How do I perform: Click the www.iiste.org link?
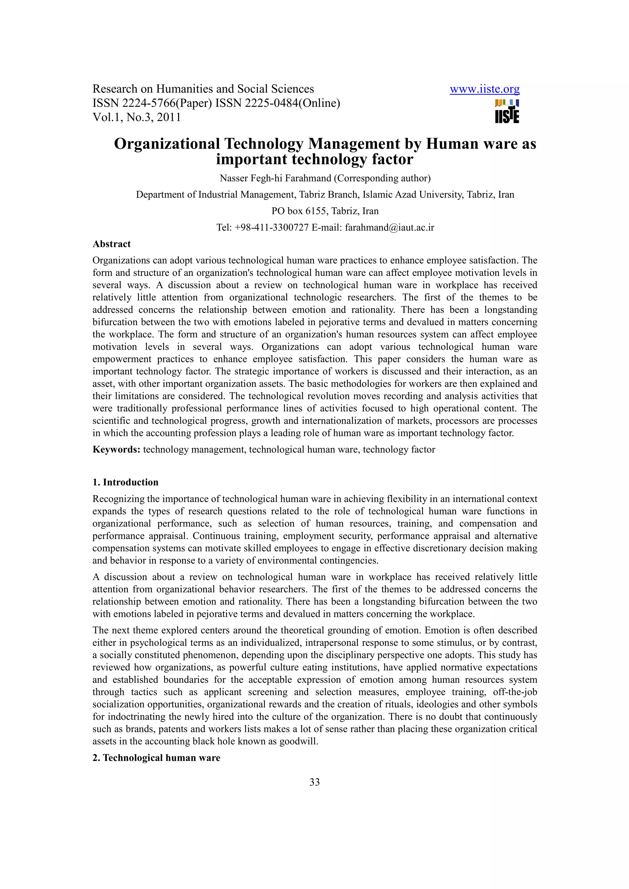(x=484, y=90)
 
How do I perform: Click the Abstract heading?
(x=111, y=244)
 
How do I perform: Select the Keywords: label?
(x=116, y=449)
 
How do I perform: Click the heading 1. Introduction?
(x=125, y=482)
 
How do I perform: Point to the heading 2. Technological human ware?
(x=156, y=758)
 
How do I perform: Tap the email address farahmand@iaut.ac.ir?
(x=389, y=227)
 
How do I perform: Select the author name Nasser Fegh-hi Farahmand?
(x=275, y=178)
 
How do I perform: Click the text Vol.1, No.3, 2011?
(x=136, y=117)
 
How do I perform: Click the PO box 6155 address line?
(x=325, y=211)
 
